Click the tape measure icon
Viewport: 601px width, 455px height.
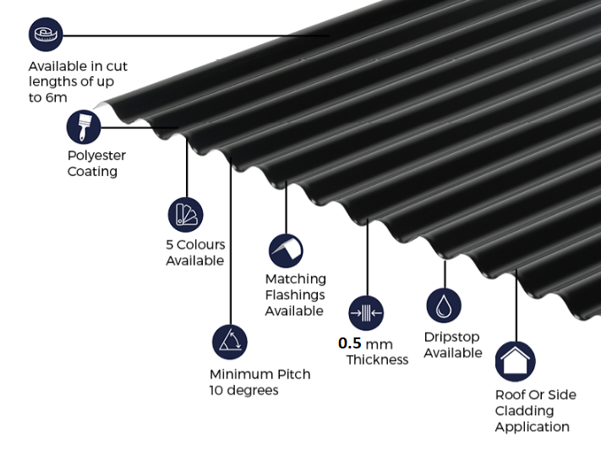[x=46, y=34]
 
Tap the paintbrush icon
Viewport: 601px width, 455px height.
[x=84, y=127]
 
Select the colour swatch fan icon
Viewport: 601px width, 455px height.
[x=185, y=215]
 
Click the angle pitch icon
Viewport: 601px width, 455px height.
[x=230, y=342]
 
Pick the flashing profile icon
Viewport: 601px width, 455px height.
[x=286, y=251]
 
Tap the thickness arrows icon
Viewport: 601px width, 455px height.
[x=366, y=313]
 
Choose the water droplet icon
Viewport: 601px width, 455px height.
[x=444, y=305]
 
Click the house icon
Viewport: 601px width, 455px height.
[x=515, y=361]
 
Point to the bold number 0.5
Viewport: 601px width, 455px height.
[x=350, y=343]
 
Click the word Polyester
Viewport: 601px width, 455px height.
[x=96, y=156]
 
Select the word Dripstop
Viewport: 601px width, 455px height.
[x=451, y=337]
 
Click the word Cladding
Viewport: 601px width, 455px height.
[x=524, y=411]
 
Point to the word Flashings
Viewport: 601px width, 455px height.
[x=295, y=294]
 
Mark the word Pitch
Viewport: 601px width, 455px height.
[x=293, y=374]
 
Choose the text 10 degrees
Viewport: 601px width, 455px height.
[x=243, y=390]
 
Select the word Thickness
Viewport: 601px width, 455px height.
[x=377, y=360]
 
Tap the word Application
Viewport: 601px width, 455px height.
[x=532, y=427]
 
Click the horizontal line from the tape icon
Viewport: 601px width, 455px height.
[x=196, y=36]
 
